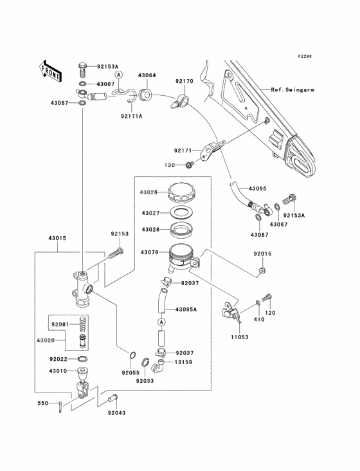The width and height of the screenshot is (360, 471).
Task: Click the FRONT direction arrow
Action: point(50,71)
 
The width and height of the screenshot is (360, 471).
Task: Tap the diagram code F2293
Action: point(305,56)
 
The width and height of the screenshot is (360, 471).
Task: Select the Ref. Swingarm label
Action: point(292,90)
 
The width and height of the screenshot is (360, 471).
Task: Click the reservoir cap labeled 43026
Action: point(181,192)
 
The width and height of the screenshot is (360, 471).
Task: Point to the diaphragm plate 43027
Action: point(181,213)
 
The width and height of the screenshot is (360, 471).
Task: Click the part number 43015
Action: point(57,238)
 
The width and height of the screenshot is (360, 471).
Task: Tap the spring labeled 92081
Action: point(83,325)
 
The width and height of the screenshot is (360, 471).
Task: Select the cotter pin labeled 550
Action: point(60,407)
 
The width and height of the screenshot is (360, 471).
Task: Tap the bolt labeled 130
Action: point(190,164)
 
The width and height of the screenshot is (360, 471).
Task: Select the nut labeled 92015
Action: point(262,271)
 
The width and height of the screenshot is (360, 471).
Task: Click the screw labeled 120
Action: point(267,298)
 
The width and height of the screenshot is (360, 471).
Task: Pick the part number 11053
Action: point(239,337)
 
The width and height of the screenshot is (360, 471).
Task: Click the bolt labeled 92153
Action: point(114,254)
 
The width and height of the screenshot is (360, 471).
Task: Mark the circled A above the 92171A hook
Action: point(118,75)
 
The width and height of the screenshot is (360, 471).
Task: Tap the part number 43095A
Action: point(186,309)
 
